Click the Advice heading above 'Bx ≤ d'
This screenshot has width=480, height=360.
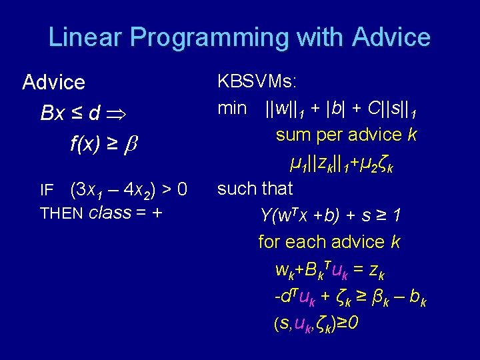click(53, 83)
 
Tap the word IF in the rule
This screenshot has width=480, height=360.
click(47, 191)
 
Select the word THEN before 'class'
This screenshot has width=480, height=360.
click(61, 213)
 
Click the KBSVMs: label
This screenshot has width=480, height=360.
click(257, 82)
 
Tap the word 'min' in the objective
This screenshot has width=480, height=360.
click(232, 108)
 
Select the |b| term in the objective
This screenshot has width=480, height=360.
click(338, 108)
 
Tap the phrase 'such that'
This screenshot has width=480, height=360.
click(255, 189)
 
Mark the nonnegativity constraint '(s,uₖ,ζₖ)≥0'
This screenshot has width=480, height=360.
click(317, 324)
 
